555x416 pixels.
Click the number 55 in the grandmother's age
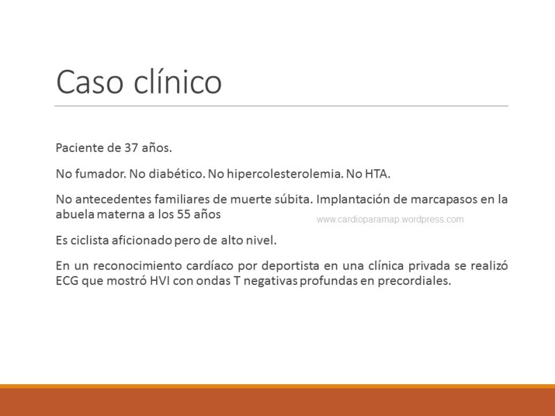tap(185, 214)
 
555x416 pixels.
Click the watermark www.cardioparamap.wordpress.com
tap(390, 219)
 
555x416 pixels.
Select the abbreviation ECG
tap(68, 282)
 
